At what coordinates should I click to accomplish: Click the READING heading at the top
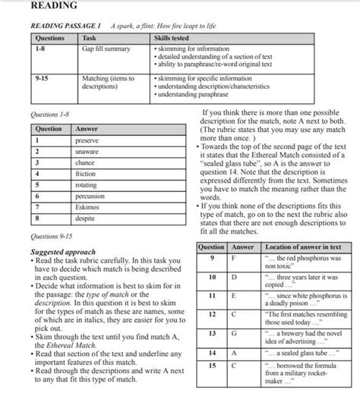pyautogui.click(x=53, y=7)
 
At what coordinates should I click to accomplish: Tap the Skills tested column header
pyautogui.click(x=174, y=37)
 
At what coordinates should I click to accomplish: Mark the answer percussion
pyautogui.click(x=89, y=196)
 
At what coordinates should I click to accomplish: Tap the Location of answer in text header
pyautogui.click(x=303, y=247)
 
